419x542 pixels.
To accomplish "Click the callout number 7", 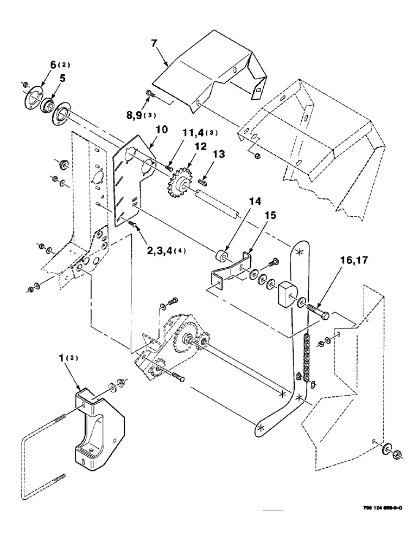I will pos(154,41).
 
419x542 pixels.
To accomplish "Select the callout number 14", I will pos(240,202).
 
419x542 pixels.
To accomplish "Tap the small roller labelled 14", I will pos(221,255).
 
